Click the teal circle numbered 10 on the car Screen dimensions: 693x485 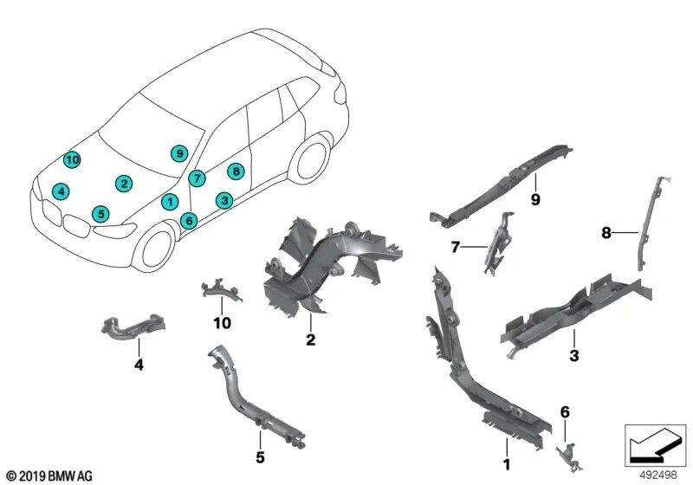[x=72, y=159]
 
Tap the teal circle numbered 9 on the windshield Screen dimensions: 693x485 [x=179, y=153]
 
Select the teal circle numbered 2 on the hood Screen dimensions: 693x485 [x=124, y=184]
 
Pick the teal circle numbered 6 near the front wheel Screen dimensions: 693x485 [x=189, y=220]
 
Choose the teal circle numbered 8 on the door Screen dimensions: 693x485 [x=236, y=171]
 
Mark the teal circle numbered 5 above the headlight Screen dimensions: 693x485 [x=100, y=214]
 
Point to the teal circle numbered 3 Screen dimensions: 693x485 [x=224, y=201]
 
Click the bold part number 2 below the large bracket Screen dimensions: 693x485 [x=311, y=339]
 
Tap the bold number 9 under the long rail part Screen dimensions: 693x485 [x=535, y=200]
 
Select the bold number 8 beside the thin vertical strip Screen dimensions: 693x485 [x=606, y=232]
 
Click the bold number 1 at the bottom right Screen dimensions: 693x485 [x=507, y=464]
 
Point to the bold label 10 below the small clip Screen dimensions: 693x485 [x=222, y=323]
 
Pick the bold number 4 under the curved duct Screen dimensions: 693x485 [x=139, y=365]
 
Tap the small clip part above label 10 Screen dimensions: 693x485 [x=221, y=291]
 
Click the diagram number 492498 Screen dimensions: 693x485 [x=658, y=475]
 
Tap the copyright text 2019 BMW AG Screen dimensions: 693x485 [x=49, y=476]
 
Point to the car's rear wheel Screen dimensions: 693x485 [x=313, y=159]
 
